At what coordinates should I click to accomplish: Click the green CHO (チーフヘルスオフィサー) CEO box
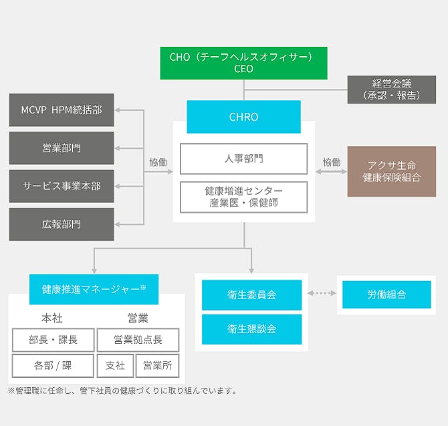[x=243, y=63]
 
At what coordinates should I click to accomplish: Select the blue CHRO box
[x=243, y=117]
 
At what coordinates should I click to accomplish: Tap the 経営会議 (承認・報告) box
[x=391, y=89]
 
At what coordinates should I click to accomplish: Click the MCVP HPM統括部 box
[x=62, y=110]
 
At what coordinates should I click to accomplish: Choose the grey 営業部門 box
[x=62, y=148]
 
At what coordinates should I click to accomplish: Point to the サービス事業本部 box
[x=62, y=186]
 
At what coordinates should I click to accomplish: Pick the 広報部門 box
[x=62, y=224]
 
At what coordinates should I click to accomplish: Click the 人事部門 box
[x=243, y=159]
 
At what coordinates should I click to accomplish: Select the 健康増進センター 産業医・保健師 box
[x=243, y=197]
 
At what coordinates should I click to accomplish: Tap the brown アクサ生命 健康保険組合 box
[x=391, y=172]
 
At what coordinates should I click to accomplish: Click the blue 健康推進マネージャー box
[x=94, y=289]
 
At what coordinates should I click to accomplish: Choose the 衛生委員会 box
[x=251, y=294]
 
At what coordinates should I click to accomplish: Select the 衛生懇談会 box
[x=251, y=329]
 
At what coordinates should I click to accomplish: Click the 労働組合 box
[x=386, y=294]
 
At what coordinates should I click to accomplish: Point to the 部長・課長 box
[x=53, y=340]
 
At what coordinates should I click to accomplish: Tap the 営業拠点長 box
[x=138, y=340]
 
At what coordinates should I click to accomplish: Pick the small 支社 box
[x=115, y=365]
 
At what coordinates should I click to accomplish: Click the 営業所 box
[x=158, y=365]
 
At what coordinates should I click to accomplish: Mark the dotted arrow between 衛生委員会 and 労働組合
[x=322, y=294]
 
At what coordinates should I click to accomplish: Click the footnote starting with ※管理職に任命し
[x=122, y=391]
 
